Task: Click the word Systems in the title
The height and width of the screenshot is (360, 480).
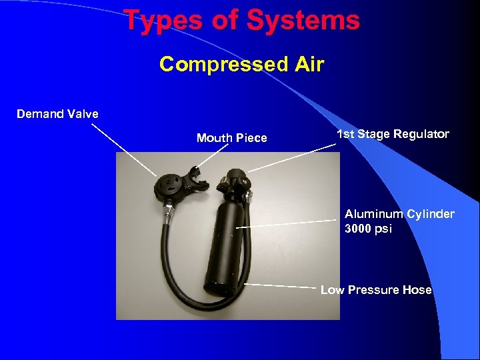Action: pos(303,21)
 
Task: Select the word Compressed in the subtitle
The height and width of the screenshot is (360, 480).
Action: pos(218,65)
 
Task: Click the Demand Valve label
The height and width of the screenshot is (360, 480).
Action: pos(57,114)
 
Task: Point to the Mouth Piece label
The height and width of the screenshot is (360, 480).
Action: pos(231,138)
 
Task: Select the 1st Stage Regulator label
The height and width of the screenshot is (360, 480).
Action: pos(393,135)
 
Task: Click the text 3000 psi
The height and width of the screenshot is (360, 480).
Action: pos(369,229)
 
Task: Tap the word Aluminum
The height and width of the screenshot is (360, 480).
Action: pos(374,214)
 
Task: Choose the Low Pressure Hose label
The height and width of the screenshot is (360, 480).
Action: pos(376,290)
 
